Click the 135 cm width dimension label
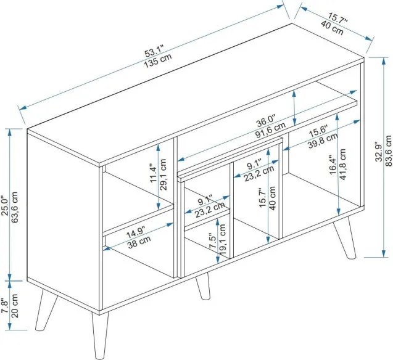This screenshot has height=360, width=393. (x=158, y=60)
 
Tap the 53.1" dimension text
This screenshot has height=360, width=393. (x=154, y=52)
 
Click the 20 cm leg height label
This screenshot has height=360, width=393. (x=15, y=306)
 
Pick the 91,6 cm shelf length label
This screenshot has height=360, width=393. (x=270, y=131)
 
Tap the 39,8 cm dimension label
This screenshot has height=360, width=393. (x=323, y=141)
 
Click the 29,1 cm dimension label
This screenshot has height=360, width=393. (x=163, y=174)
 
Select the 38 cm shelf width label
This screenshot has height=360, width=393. (x=139, y=242)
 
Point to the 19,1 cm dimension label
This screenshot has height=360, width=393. (x=222, y=239)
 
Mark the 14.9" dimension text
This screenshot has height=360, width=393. (x=136, y=232)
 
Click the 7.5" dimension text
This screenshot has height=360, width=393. (x=213, y=241)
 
